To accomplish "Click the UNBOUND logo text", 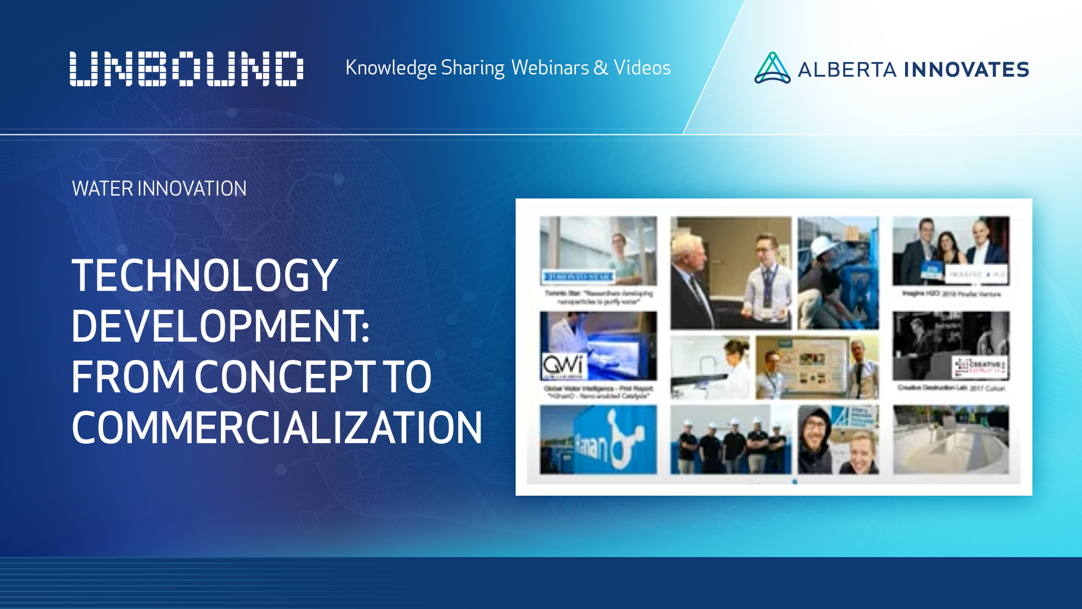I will (x=186, y=69).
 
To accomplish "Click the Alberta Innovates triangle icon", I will (x=772, y=68).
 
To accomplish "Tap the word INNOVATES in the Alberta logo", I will (x=966, y=70).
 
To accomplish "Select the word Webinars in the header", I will (x=550, y=68).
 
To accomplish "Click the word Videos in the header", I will (x=642, y=68).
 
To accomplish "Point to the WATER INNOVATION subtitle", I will (x=159, y=188).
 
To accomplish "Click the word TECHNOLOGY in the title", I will (x=204, y=276).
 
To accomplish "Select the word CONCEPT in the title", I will (x=285, y=377).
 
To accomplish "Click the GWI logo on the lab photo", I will (x=564, y=365).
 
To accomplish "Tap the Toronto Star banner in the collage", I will (x=578, y=277).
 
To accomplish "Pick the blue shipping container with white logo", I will (x=598, y=440).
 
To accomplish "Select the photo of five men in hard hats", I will (x=730, y=440).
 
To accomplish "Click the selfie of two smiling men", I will (x=838, y=440).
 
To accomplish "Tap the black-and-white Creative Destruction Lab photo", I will (x=951, y=346).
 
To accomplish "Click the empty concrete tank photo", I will (x=951, y=440).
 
